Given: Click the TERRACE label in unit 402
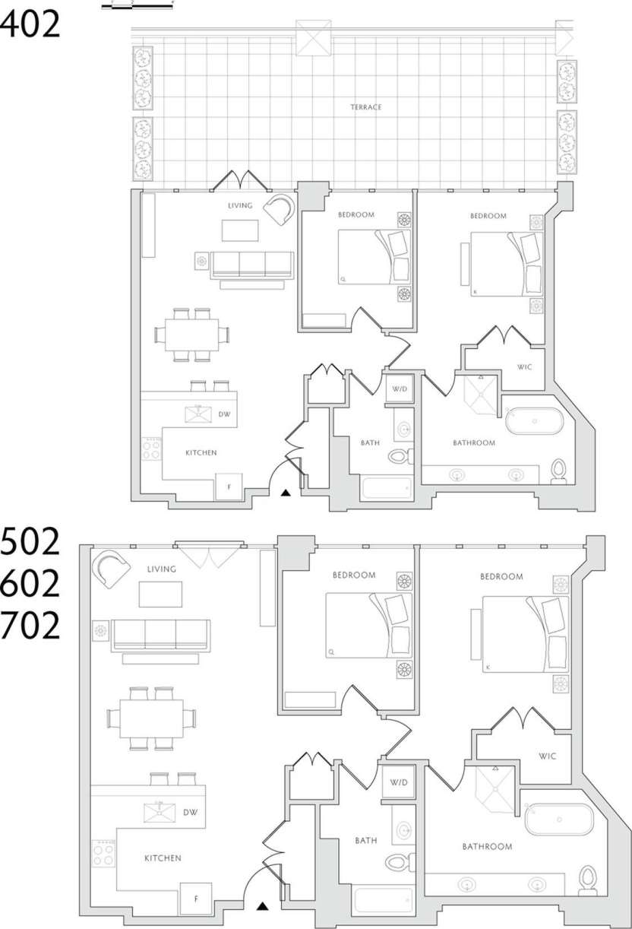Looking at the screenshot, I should pyautogui.click(x=366, y=107).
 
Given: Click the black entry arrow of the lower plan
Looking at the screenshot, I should pyautogui.click(x=263, y=906).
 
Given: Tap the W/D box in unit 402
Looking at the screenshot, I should pyautogui.click(x=400, y=388).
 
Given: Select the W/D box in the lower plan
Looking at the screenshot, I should pyautogui.click(x=399, y=782).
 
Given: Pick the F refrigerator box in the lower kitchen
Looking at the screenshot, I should pyautogui.click(x=195, y=899).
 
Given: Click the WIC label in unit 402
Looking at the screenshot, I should pyautogui.click(x=524, y=367).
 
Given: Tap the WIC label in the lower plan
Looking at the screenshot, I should pyautogui.click(x=548, y=756).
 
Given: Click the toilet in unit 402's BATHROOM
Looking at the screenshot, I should pyautogui.click(x=560, y=471).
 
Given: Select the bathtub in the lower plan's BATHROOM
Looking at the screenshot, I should pyautogui.click(x=558, y=820).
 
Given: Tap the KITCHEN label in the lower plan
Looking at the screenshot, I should pyautogui.click(x=163, y=858).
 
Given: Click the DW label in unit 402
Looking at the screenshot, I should pyautogui.click(x=224, y=414).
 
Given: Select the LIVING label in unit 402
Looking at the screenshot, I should pyautogui.click(x=240, y=205).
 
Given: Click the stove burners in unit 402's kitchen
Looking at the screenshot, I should pyautogui.click(x=152, y=449).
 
